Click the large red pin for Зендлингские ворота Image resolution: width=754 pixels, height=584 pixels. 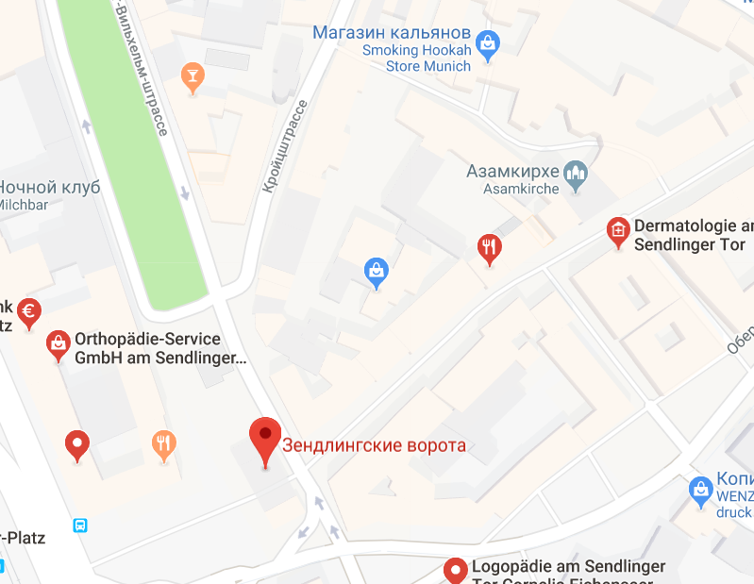[x=265, y=441]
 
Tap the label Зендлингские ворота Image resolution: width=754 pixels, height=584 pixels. [x=375, y=445]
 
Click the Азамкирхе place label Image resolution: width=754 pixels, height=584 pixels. [x=513, y=172]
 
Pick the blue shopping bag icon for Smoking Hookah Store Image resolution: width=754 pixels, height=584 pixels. [x=488, y=42]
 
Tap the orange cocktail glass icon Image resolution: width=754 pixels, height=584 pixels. [x=193, y=77]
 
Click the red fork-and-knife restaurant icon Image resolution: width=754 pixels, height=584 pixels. [x=488, y=249]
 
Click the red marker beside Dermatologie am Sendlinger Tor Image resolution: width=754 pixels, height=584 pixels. [x=618, y=231]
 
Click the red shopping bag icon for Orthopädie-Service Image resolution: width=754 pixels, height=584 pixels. [x=59, y=345]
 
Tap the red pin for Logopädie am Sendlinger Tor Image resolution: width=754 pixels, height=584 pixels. [x=456, y=570]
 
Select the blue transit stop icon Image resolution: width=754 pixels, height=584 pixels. [x=81, y=525]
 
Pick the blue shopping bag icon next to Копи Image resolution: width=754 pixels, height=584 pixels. [x=700, y=489]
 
